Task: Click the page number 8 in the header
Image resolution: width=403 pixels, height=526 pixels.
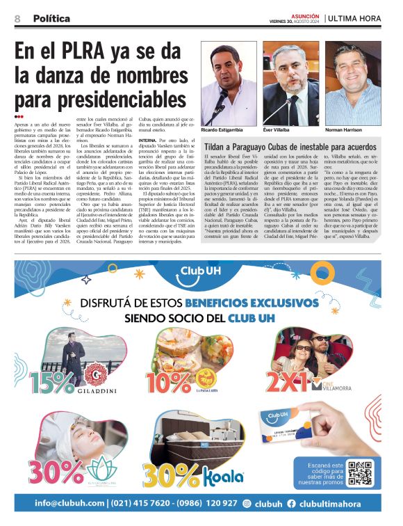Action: click(x=17, y=19)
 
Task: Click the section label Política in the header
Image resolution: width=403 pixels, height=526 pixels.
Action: click(x=51, y=19)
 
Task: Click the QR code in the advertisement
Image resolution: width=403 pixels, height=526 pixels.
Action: click(x=361, y=472)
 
